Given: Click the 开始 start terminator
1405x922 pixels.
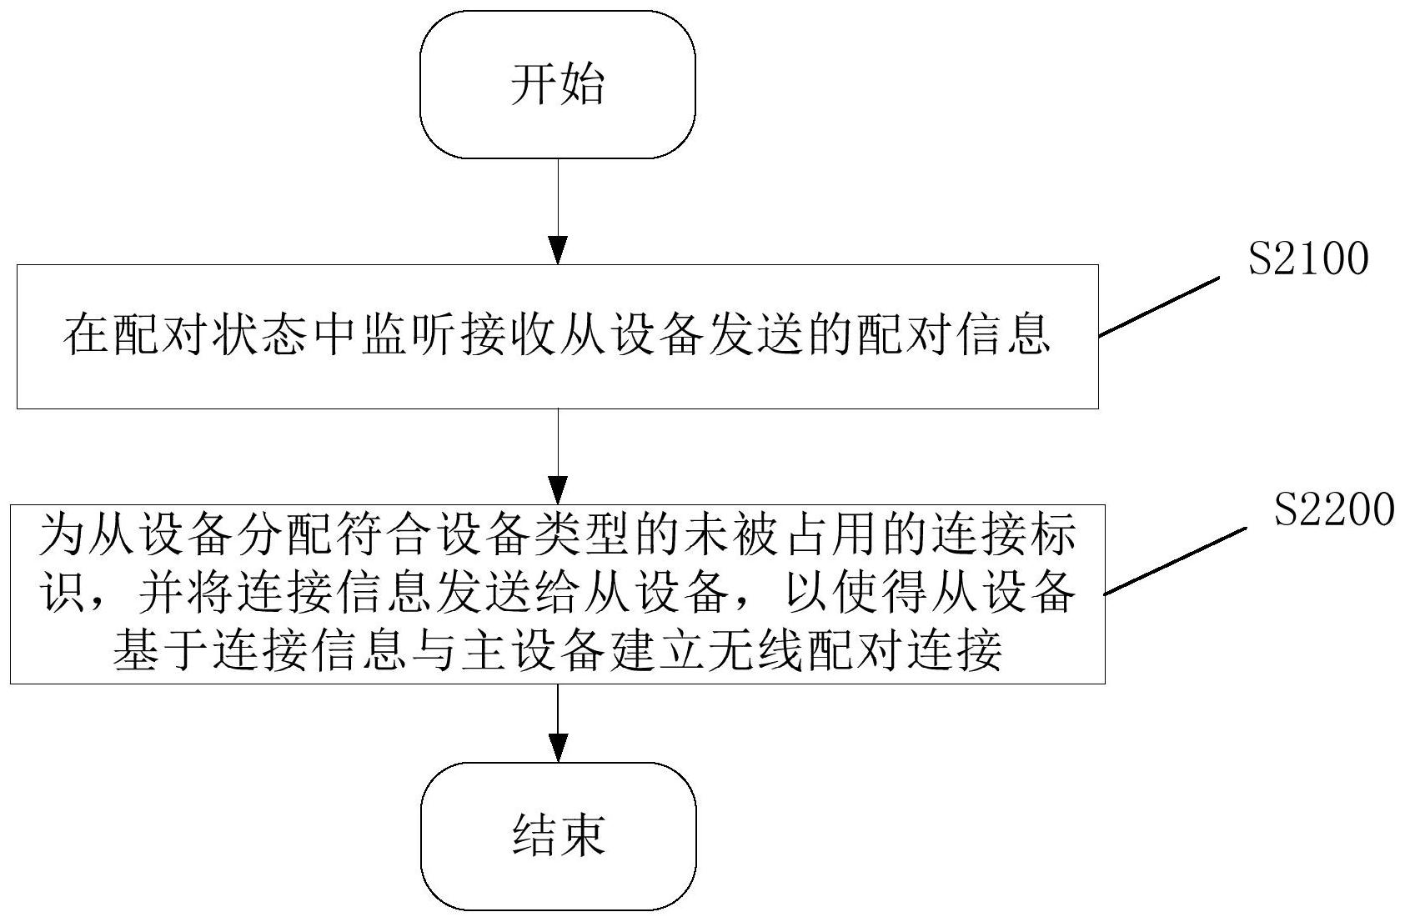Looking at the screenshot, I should (x=557, y=85).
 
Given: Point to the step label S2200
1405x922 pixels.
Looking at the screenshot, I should (x=1333, y=509).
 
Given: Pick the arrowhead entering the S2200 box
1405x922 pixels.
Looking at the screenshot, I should (x=557, y=490).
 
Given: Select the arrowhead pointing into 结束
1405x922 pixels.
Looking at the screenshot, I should (x=557, y=748).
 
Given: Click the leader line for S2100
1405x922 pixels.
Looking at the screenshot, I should (x=1159, y=308).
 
